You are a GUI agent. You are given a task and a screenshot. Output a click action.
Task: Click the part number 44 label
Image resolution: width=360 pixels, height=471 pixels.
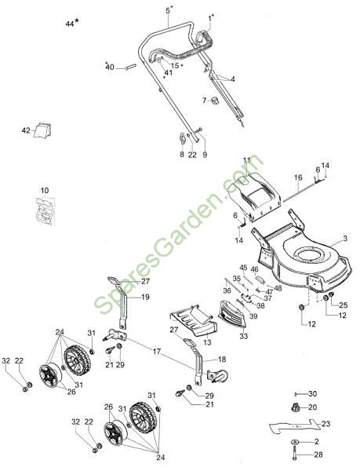tap(70, 24)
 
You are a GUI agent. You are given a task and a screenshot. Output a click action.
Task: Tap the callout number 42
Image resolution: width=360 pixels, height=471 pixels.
tap(26, 130)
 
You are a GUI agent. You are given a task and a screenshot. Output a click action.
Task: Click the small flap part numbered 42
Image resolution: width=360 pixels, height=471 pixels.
tap(42, 130)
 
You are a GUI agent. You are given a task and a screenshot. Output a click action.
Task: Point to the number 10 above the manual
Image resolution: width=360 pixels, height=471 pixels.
tap(45, 191)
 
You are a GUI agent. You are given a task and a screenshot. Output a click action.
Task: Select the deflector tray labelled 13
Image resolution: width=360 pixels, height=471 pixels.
tap(194, 320)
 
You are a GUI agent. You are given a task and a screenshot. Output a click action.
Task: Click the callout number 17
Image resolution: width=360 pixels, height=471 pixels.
tap(157, 351)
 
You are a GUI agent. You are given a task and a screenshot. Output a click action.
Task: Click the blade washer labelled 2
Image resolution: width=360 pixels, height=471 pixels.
tap(295, 441)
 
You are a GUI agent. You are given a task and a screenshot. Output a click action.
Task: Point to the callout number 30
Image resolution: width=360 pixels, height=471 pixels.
tap(313, 394)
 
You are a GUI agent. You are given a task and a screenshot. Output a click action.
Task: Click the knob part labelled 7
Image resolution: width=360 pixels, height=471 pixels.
tap(215, 100)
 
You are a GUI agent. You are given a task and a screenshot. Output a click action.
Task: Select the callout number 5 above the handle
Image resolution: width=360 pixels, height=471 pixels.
tap(168, 11)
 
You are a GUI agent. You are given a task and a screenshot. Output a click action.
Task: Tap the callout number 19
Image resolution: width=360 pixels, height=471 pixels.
tap(145, 297)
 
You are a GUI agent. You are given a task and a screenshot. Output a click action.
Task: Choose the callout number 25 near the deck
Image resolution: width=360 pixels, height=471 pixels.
tap(344, 305)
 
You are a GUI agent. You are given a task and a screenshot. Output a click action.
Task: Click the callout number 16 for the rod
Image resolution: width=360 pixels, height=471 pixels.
tap(298, 177)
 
